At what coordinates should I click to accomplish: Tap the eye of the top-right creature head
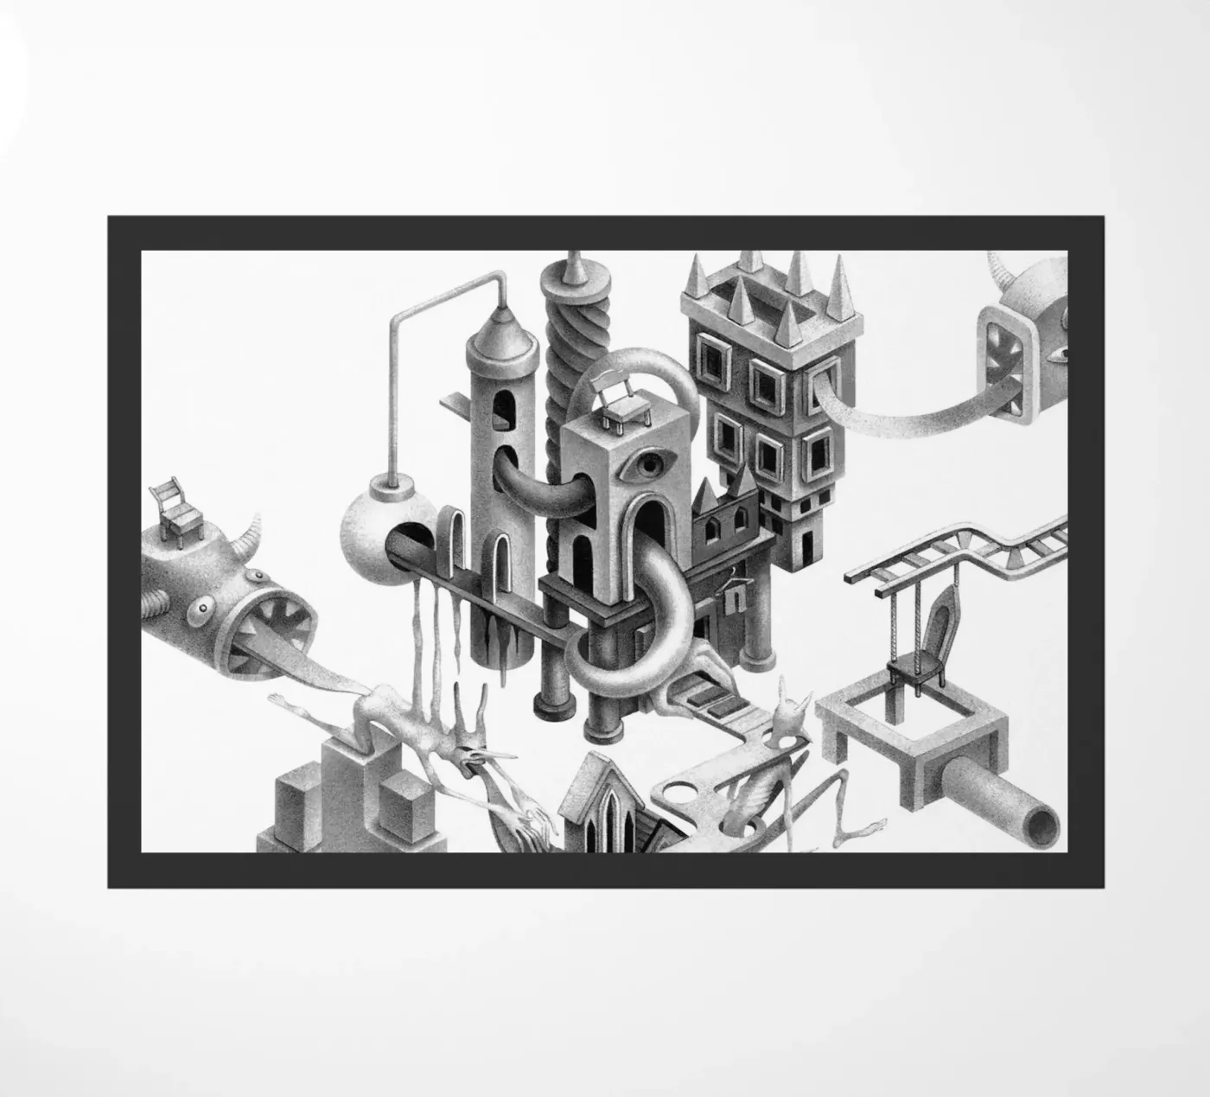coord(1058,353)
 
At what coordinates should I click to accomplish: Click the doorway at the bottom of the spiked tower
coord(806,545)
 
